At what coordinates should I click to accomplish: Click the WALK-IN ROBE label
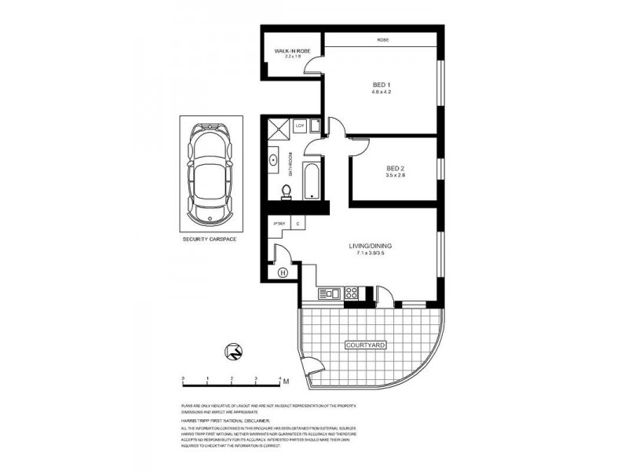[x=288, y=53]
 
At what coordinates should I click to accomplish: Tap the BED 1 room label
[x=382, y=87]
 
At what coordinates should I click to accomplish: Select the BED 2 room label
[x=396, y=170]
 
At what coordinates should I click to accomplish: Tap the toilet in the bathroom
[x=287, y=190]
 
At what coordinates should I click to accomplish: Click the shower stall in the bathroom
[x=278, y=129]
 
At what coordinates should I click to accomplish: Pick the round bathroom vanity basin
[x=273, y=160]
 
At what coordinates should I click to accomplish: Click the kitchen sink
[x=328, y=294]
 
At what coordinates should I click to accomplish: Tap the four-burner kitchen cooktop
[x=351, y=294]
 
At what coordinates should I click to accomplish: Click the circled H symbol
[x=283, y=273]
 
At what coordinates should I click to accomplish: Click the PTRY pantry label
[x=278, y=225]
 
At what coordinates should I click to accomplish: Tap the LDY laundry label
[x=300, y=125]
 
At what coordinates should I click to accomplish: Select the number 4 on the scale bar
[x=280, y=378]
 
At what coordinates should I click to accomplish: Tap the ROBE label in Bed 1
[x=382, y=40]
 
